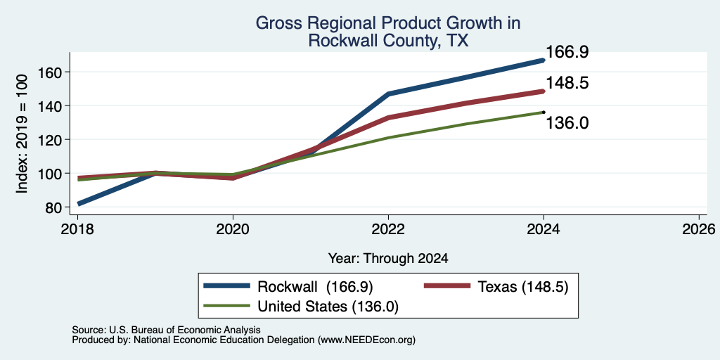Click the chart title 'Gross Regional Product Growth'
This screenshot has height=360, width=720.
387,23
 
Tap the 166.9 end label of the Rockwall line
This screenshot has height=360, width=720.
567,52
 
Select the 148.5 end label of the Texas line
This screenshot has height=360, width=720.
567,83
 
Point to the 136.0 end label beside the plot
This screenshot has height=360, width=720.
567,123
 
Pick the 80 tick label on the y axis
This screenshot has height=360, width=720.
53,207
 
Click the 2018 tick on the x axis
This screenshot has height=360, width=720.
77,229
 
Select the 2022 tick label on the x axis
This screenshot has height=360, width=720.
388,229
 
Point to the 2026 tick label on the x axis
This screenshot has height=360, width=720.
699,229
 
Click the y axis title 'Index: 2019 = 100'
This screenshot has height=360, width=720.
22,134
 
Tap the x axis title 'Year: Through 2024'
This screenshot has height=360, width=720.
388,259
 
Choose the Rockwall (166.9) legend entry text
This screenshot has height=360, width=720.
315,287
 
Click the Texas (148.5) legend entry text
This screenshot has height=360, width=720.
523,287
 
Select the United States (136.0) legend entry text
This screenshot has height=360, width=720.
328,307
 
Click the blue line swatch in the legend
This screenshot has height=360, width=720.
227,286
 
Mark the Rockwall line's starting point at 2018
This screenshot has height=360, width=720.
79,203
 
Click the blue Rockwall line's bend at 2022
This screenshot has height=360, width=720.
388,94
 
